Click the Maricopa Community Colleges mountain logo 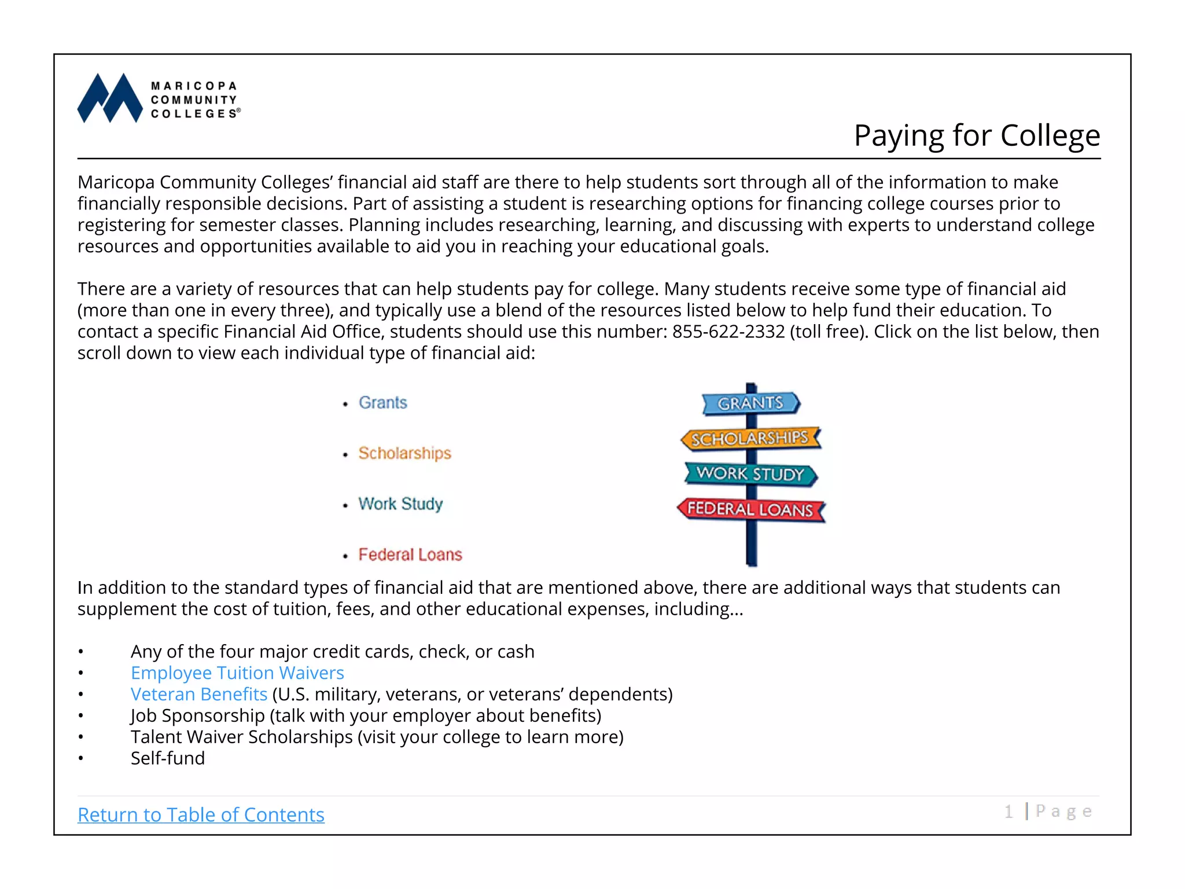[x=110, y=98]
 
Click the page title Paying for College [x=977, y=135]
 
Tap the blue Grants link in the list [x=382, y=403]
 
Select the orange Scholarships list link [x=404, y=453]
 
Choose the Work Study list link [x=400, y=504]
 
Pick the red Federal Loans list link [x=410, y=554]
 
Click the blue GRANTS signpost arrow [x=750, y=403]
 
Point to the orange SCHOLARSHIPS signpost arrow [x=750, y=439]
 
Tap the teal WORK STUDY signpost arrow [x=750, y=474]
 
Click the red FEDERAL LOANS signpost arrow [x=750, y=509]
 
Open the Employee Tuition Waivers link [x=237, y=673]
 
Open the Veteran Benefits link [x=199, y=695]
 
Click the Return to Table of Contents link [x=201, y=815]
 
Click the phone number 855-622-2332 [x=728, y=332]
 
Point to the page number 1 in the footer [x=1009, y=812]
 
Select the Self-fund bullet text [x=168, y=758]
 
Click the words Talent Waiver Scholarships [x=242, y=737]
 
